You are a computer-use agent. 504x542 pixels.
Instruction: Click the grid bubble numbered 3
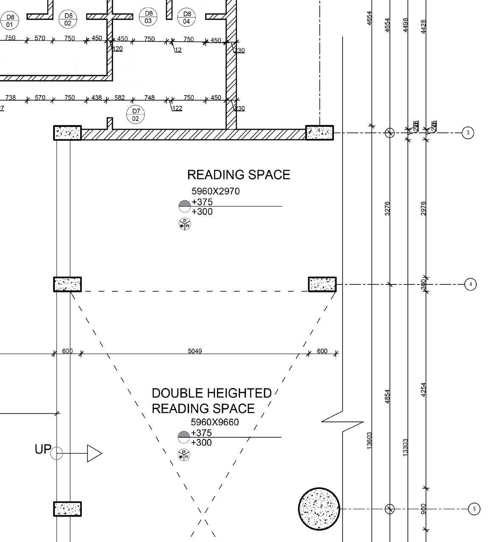(468, 133)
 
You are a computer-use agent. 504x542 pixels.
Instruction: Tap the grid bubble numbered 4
(470, 284)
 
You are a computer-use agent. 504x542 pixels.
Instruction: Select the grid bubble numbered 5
(474, 508)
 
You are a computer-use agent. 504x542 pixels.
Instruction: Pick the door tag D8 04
(186, 17)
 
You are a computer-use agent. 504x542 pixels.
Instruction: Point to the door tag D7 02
(135, 115)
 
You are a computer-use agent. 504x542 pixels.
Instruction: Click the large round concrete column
(319, 508)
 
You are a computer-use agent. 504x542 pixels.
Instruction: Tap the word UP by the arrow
(43, 449)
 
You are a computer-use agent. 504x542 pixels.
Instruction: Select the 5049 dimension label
(195, 351)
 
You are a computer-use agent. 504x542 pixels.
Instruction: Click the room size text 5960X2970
(216, 191)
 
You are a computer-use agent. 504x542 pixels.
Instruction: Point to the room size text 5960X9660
(215, 422)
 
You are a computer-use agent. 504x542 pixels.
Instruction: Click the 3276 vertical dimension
(387, 208)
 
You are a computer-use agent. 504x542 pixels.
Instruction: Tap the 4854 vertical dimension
(387, 396)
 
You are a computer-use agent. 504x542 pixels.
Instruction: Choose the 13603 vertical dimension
(369, 441)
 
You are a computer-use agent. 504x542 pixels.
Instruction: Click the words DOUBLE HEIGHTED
(211, 393)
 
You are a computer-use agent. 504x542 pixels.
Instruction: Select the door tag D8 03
(148, 17)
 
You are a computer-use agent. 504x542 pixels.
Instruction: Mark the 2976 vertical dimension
(423, 208)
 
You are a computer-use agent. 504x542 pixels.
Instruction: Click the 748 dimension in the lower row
(149, 98)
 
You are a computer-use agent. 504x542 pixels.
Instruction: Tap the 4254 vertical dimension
(423, 390)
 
